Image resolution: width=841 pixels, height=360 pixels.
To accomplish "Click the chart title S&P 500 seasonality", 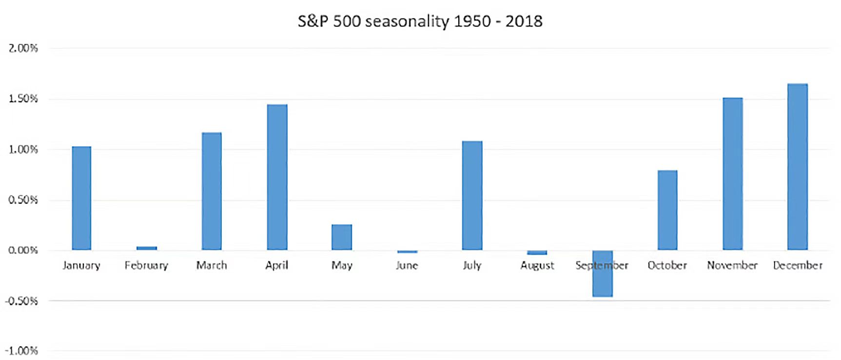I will point(420,21).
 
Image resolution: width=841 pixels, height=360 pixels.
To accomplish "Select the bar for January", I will point(81,198).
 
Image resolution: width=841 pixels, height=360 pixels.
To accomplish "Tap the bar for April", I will point(277,177).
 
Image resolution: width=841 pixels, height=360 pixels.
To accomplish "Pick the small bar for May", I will point(342,237).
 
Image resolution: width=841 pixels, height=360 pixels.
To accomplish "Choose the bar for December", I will point(798,167).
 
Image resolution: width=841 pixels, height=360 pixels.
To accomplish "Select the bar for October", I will point(667,210).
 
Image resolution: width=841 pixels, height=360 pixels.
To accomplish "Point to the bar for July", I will point(472,196).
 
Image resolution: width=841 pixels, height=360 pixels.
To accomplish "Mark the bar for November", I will point(733,174).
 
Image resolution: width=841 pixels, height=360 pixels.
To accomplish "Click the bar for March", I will point(212,191).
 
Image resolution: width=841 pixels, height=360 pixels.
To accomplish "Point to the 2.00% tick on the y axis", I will point(23,48).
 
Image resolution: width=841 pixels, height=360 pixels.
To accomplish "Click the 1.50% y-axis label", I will point(23,99).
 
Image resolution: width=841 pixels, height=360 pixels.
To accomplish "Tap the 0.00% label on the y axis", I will point(23,250).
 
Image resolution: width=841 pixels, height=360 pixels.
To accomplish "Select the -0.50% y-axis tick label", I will point(21,301).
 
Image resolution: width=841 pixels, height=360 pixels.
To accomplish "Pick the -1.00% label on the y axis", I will point(21,351).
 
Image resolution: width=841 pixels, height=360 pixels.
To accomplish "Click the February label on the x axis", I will point(146,265).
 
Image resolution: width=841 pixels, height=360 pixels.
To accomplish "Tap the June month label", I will point(407,265).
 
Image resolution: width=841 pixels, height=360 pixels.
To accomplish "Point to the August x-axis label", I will point(537,265).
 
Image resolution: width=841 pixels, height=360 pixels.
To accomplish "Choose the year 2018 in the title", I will point(524,21).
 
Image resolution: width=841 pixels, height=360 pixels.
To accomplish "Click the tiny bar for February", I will point(147,248).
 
